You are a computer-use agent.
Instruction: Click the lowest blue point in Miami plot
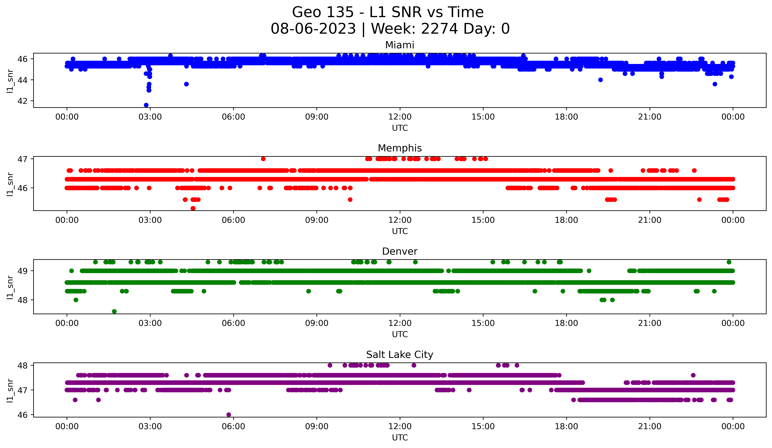146,105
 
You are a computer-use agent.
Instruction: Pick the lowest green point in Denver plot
114,311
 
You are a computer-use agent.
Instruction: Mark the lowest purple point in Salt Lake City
229,415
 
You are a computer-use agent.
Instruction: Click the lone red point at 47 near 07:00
263,159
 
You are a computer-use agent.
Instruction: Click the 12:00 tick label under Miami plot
400,117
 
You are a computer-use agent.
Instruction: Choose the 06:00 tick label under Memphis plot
233,220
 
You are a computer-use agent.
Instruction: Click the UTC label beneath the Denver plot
400,334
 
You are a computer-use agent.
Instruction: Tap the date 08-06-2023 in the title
313,29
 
